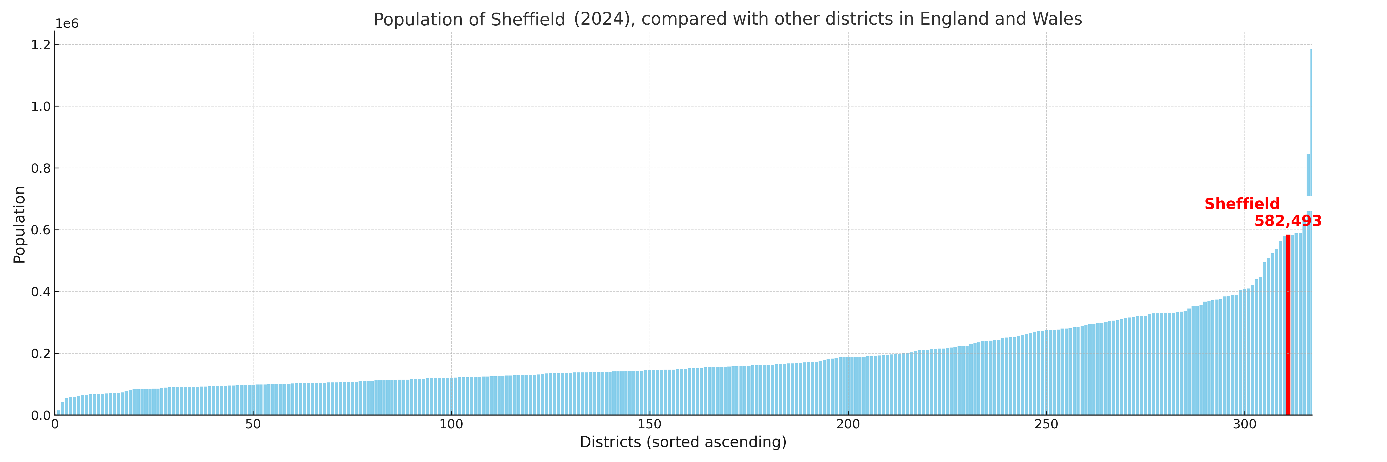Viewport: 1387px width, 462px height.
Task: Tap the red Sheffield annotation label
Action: [x=1242, y=204]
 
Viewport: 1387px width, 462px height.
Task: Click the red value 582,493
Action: [x=1288, y=221]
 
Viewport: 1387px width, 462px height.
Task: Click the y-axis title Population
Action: [x=19, y=224]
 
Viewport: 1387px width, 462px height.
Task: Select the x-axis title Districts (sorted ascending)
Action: [x=683, y=442]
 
